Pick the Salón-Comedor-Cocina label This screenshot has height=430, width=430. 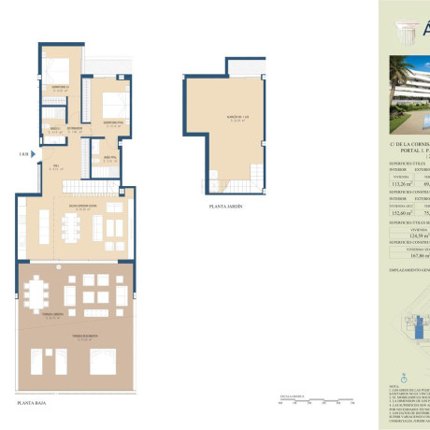click(x=71, y=208)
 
